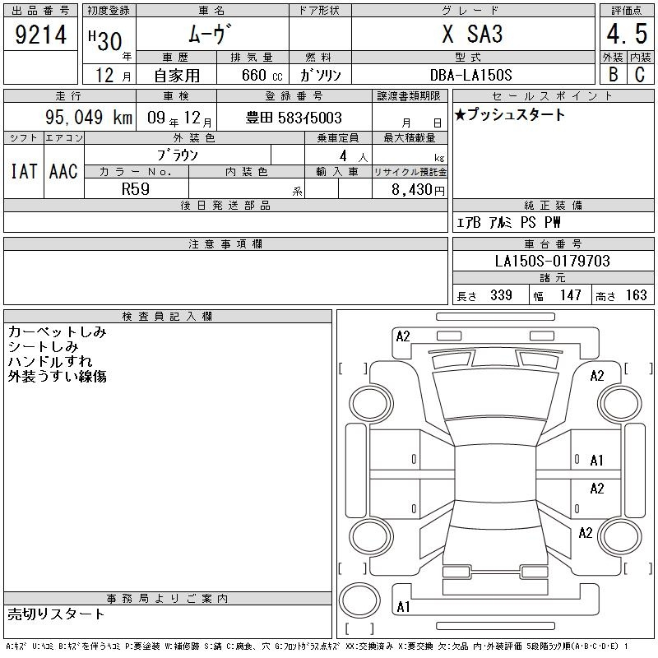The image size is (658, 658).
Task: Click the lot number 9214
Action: pos(40,34)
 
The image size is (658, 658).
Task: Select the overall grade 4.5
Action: pos(627,34)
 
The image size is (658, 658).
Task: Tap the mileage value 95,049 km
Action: pos(89,117)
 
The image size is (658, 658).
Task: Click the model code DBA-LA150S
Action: pos(470,75)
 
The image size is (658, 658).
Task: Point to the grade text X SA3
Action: pos(472,34)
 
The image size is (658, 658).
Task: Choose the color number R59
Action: pos(136,189)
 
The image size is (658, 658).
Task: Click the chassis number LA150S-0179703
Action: pos(552,261)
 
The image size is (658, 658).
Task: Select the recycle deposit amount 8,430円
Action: pos(418,190)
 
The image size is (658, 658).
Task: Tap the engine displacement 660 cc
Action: pos(262,75)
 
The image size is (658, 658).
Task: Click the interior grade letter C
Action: pos(640,75)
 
